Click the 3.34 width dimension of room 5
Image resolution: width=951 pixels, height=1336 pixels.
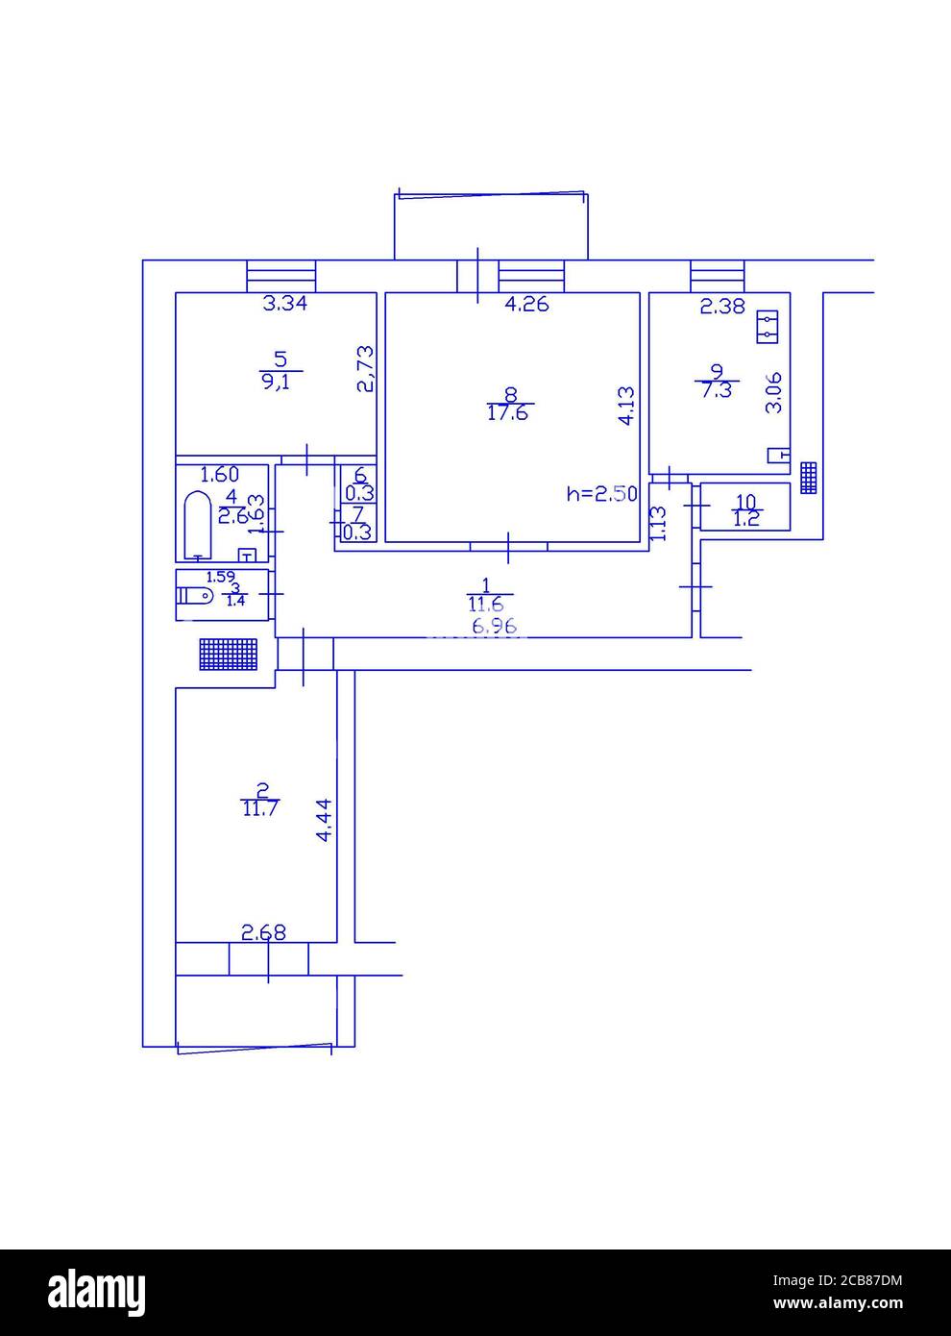tap(285, 305)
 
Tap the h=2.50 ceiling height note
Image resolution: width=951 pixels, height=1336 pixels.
tap(601, 494)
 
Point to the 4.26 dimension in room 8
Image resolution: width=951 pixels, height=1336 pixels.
tap(526, 305)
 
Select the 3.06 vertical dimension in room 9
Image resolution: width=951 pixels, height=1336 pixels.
tap(773, 392)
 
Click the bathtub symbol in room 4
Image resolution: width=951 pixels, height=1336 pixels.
tap(197, 524)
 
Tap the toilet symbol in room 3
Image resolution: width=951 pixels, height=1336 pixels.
tap(197, 597)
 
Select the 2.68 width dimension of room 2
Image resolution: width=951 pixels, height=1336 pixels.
tap(263, 931)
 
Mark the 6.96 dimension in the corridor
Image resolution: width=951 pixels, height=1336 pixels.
tap(495, 627)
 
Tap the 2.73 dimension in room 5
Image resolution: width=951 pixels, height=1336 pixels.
tap(364, 370)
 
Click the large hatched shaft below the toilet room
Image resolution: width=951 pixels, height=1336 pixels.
tap(229, 655)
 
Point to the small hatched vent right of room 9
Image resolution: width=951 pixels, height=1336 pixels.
tap(809, 477)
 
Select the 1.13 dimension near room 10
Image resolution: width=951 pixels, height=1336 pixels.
tap(658, 524)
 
